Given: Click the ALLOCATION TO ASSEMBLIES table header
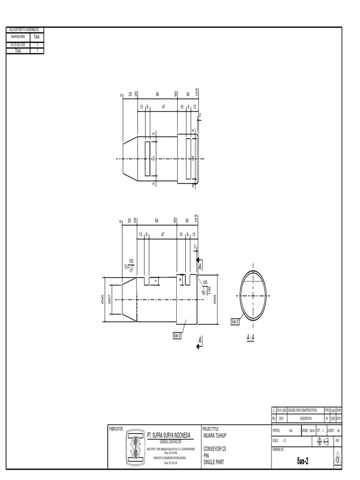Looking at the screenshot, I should (25, 30).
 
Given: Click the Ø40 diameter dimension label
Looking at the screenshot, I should (103, 299).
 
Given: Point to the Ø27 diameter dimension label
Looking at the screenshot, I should (110, 299).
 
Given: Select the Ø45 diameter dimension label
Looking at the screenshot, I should (215, 299).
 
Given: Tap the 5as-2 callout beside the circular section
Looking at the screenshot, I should (235, 322).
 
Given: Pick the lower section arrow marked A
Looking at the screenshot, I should (200, 341).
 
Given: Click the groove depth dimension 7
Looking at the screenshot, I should (156, 281).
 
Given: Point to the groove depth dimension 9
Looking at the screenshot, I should (180, 280).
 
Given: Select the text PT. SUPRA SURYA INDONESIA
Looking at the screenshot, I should (169, 435).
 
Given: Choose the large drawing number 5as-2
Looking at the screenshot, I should (303, 461).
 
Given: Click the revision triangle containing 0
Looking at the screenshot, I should (337, 460).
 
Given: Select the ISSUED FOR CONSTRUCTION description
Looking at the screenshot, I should (302, 410).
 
